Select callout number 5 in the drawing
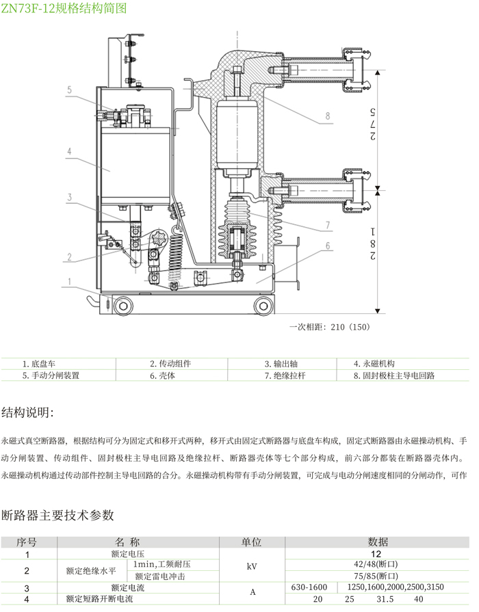pos(69,90)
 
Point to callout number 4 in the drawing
pos(69,151)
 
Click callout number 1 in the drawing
pos(69,280)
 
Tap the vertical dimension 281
pos(374,243)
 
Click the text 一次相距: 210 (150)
pos(330,327)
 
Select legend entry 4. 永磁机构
pos(374,364)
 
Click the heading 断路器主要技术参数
pos(57,514)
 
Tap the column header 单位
pos(252,542)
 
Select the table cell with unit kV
pos(252,566)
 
